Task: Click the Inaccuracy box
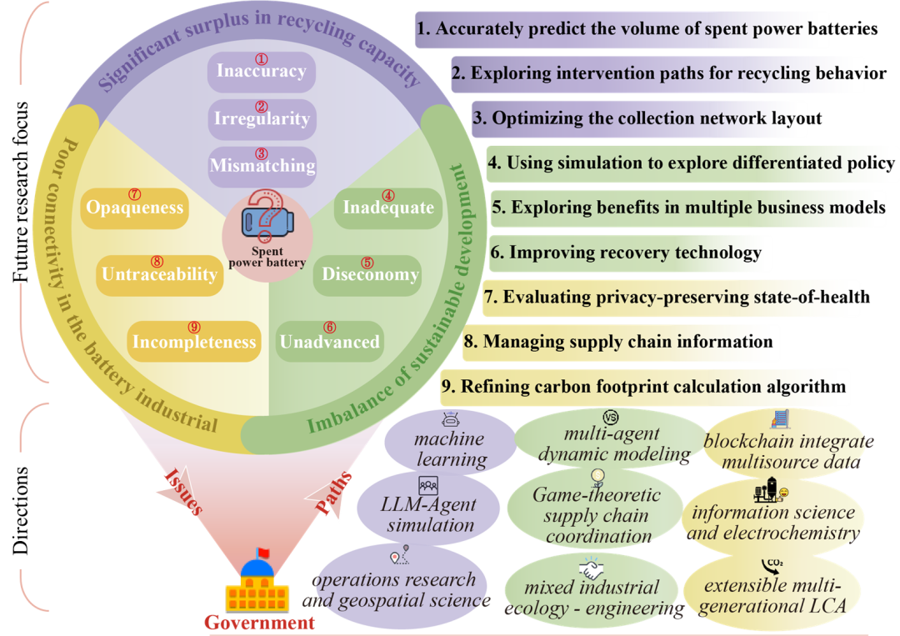click(261, 72)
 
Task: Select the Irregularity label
click(262, 118)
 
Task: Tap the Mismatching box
click(262, 165)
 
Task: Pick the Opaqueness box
click(134, 208)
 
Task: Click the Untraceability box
click(158, 274)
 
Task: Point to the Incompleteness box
click(195, 342)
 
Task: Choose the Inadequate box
click(388, 208)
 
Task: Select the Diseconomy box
click(367, 274)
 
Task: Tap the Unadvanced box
click(329, 342)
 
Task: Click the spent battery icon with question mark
click(267, 219)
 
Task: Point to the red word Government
click(260, 623)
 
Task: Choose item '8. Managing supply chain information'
click(621, 342)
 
